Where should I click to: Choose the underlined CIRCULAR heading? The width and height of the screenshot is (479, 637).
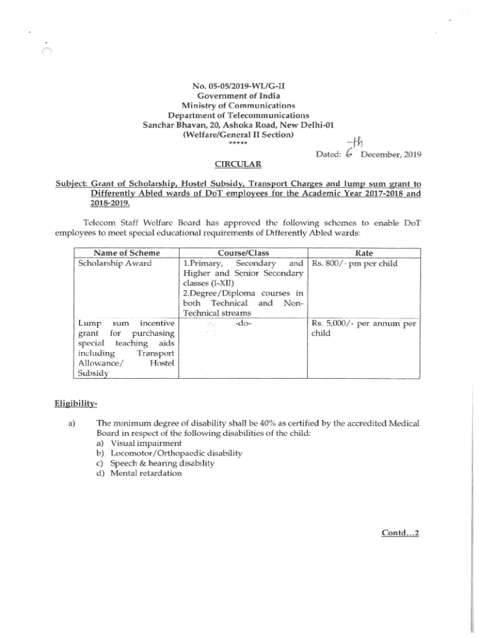pyautogui.click(x=238, y=165)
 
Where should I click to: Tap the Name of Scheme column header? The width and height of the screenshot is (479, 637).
pyautogui.click(x=126, y=253)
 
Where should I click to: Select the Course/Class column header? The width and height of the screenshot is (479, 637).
pyautogui.click(x=243, y=253)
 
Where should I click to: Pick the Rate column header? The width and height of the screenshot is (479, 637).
pyautogui.click(x=364, y=253)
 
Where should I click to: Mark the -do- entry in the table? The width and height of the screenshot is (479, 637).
pyautogui.click(x=243, y=323)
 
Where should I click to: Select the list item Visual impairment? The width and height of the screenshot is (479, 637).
pyautogui.click(x=146, y=444)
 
